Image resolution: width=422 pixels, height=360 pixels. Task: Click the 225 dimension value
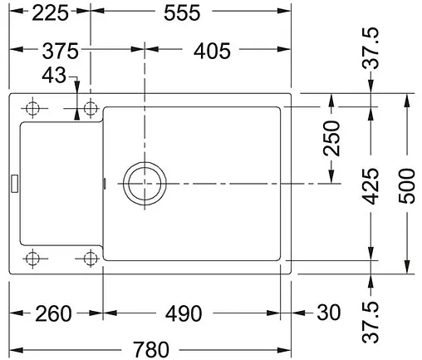(50, 13)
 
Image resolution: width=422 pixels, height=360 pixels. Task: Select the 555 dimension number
(182, 13)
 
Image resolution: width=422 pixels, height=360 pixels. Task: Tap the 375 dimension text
(61, 51)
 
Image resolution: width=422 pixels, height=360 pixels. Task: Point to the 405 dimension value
(212, 51)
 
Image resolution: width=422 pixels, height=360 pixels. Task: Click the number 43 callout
(54, 75)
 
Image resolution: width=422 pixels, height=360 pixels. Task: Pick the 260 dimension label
(53, 313)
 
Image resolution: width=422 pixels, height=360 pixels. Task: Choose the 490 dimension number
(184, 313)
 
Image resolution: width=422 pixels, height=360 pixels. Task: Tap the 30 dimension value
(329, 313)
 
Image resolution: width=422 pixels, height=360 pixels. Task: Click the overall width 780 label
(151, 350)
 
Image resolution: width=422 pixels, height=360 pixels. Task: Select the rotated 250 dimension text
(331, 138)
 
